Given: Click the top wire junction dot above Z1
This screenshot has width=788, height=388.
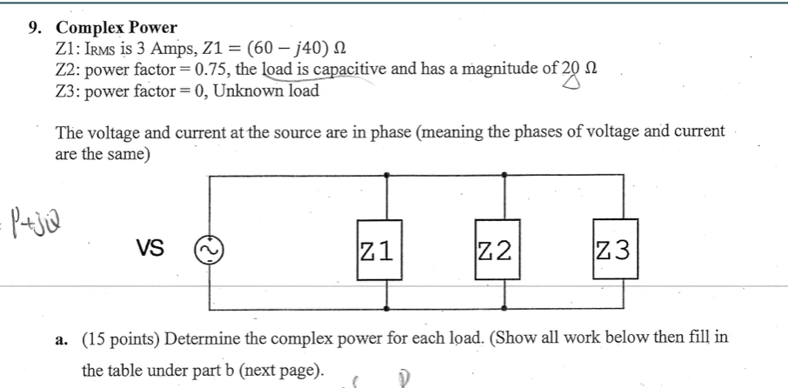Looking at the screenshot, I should pos(385,176).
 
